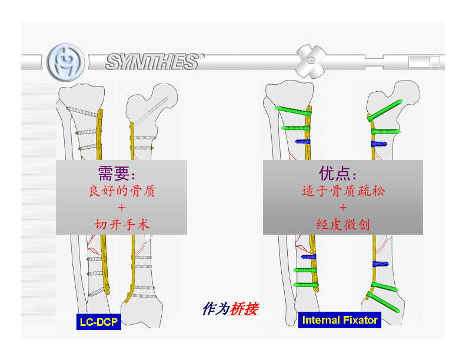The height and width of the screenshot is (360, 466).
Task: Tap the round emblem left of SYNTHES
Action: coord(65,61)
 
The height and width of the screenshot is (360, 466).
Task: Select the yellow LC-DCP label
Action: coord(99,322)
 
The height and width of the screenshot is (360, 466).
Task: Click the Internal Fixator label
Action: coord(339,320)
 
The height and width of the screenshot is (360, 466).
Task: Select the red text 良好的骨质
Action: coord(122,191)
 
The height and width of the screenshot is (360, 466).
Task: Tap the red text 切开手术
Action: coord(122,224)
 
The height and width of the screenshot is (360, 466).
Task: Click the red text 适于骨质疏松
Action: coord(344,191)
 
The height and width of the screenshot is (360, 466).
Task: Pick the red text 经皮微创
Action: coord(343,224)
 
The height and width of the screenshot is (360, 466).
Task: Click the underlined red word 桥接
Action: coord(244,308)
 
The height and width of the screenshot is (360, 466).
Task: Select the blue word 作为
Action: coord(215,308)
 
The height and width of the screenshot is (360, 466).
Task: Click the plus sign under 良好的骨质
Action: coord(122,208)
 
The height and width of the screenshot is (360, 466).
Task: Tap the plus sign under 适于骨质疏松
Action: coord(343,208)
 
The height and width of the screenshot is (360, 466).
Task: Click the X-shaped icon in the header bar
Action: coord(310,60)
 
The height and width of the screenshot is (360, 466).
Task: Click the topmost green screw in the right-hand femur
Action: coord(384,110)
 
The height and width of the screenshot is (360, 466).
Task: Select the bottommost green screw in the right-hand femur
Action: coord(385,302)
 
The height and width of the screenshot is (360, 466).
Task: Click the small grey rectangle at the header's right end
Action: coord(424,61)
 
